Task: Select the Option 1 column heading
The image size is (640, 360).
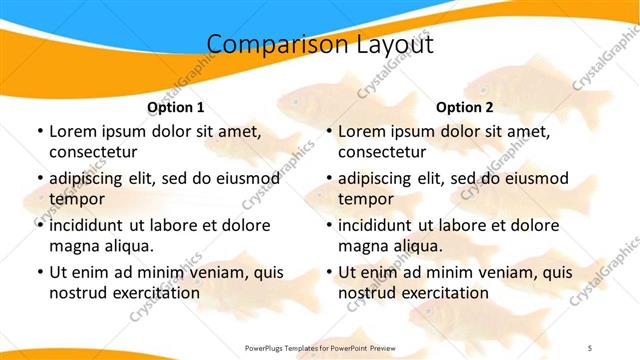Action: (x=176, y=106)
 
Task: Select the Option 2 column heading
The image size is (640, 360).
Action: (x=465, y=106)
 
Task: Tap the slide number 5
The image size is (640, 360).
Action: (x=589, y=347)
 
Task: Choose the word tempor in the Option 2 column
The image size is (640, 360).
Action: (x=366, y=199)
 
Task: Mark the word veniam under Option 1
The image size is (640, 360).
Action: (x=206, y=272)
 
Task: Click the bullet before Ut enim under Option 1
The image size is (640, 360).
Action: (x=39, y=272)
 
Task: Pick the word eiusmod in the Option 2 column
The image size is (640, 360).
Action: (x=531, y=178)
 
